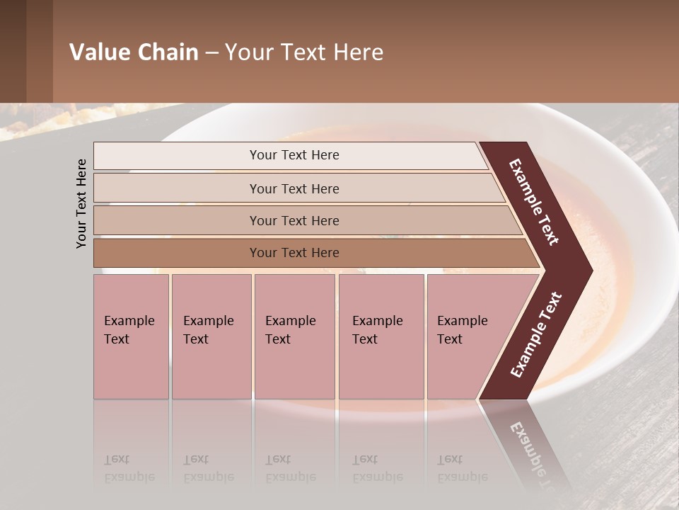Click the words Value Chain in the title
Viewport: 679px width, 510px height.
tap(134, 52)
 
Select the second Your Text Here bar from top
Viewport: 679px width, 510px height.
tap(294, 188)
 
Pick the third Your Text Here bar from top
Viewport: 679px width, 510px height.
tap(294, 220)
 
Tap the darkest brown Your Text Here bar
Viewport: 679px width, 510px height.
tap(294, 253)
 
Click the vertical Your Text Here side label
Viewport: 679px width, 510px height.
tap(81, 203)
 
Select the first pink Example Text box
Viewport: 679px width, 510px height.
tap(131, 336)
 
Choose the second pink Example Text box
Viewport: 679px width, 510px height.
tap(211, 336)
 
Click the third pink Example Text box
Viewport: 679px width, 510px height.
tap(294, 336)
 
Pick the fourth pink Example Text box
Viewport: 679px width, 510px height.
tap(381, 336)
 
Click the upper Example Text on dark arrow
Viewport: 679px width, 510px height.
tap(534, 202)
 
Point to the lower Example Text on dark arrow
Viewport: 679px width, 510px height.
tap(536, 334)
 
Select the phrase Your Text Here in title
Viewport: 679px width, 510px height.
tap(304, 52)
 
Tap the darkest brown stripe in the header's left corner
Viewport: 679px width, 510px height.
tap(13, 51)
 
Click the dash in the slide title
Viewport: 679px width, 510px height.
tap(211, 52)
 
